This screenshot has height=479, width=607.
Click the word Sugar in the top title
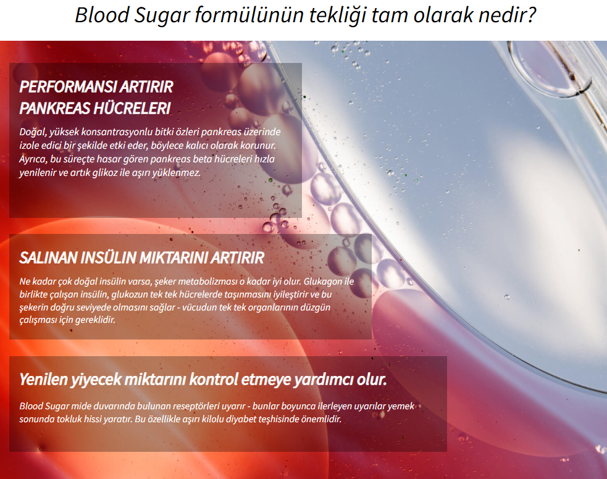(162, 16)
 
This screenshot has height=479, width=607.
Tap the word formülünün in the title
(249, 15)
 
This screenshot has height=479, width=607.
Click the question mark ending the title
(530, 15)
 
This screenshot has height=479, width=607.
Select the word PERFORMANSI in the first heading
(68, 86)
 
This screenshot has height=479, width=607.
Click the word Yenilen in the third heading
(43, 379)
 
